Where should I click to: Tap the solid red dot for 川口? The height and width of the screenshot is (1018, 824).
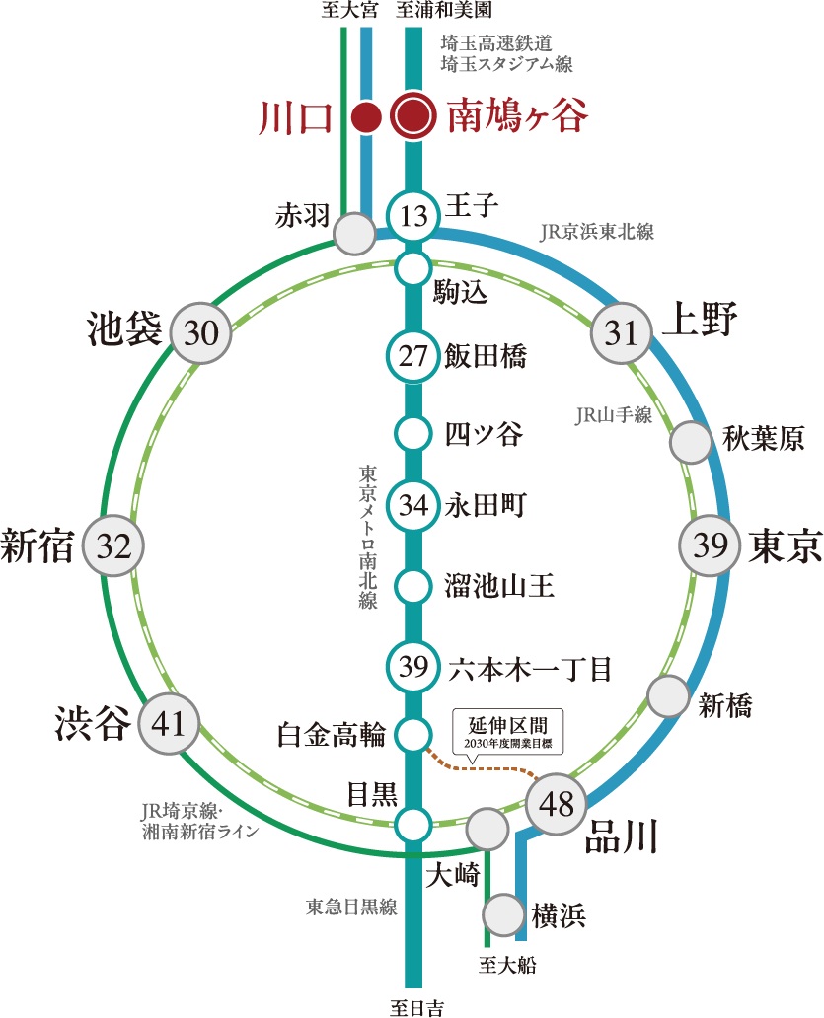click(366, 116)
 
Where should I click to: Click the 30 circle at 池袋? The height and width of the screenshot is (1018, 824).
click(201, 333)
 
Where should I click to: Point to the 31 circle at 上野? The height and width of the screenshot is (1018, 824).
click(622, 333)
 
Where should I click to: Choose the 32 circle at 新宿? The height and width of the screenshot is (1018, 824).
click(114, 545)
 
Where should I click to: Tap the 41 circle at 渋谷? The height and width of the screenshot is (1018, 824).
click(168, 723)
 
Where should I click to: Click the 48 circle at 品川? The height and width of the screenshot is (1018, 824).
click(556, 804)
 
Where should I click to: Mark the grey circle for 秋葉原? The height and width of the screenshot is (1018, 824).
click(690, 443)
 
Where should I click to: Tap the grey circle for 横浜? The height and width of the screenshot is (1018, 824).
click(504, 914)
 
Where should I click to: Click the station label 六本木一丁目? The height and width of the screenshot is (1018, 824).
click(531, 668)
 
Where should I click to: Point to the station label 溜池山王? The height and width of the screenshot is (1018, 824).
click(500, 587)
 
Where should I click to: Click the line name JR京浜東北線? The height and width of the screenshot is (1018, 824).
click(597, 232)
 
